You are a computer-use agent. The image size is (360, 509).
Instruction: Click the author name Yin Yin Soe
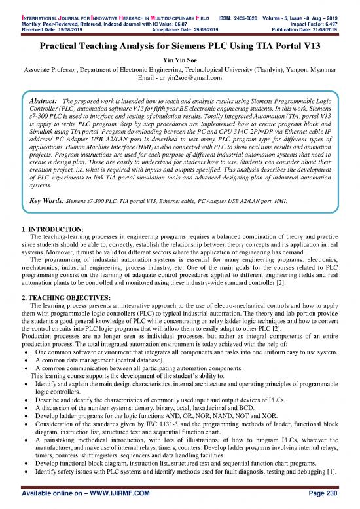179,61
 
